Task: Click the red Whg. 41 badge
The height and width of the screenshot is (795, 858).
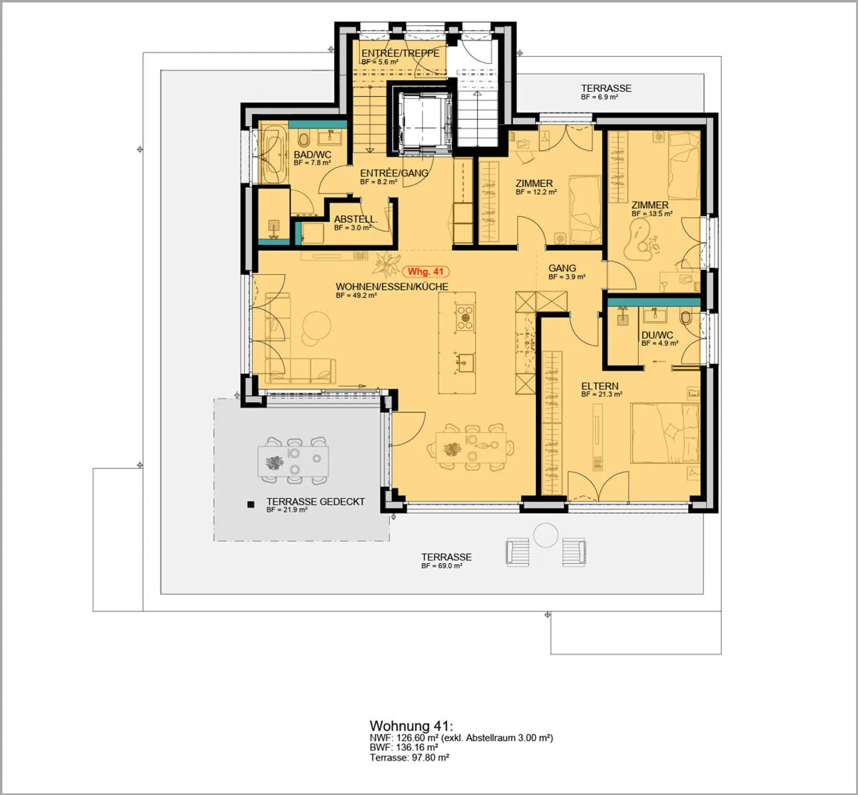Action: [425, 272]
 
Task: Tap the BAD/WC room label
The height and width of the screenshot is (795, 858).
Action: [312, 155]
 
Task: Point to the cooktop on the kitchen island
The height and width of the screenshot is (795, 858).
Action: [465, 316]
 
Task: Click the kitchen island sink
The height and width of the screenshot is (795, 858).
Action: [465, 361]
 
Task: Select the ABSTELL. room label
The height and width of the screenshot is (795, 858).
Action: [355, 219]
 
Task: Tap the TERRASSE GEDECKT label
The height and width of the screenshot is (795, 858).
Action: [315, 502]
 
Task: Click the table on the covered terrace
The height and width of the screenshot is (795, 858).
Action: [293, 459]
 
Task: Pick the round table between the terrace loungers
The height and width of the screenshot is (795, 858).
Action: [545, 535]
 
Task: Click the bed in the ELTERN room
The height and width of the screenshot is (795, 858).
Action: [664, 433]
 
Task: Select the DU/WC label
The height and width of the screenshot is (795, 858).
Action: [657, 335]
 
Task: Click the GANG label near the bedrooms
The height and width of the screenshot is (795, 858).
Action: [562, 268]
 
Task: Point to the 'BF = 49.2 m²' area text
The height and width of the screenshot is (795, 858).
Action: [356, 296]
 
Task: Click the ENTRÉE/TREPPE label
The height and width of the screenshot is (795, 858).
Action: [400, 53]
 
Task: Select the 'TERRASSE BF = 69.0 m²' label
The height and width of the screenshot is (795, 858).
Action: [446, 560]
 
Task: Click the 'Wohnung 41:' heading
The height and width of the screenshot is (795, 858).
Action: [411, 726]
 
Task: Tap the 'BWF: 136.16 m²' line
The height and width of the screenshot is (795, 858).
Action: [403, 747]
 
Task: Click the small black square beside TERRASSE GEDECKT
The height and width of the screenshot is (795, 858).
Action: [251, 504]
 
